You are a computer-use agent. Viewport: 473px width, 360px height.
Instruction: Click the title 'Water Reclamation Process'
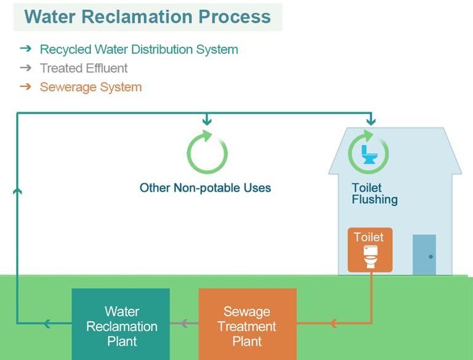148,17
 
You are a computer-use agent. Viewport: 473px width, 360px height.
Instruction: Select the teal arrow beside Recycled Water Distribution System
25,49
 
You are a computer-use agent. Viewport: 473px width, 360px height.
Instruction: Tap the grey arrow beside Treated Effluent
25,68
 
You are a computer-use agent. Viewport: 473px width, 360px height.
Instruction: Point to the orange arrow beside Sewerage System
25,86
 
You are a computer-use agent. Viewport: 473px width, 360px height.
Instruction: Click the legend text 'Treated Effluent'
84,68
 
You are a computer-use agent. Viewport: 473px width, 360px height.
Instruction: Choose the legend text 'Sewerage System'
91,87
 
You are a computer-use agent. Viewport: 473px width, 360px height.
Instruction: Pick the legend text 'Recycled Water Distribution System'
139,49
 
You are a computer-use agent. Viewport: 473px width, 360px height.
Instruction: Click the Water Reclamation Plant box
121,325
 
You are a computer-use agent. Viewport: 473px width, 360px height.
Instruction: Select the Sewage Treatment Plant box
247,325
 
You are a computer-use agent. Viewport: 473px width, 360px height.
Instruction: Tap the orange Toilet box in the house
370,249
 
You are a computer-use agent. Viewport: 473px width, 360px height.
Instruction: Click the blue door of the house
424,254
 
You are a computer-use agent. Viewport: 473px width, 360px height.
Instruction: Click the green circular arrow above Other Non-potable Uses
207,152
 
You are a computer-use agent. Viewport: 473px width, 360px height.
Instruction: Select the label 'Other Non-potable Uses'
205,187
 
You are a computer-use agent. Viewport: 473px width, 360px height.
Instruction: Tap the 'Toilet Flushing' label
374,194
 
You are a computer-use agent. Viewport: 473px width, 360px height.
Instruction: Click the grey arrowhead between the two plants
184,323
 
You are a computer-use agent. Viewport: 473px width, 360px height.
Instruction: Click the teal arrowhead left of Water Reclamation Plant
47,323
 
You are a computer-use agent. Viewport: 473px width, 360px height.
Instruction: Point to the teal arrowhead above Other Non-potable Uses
207,120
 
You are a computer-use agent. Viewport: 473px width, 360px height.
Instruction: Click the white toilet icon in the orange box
370,256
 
